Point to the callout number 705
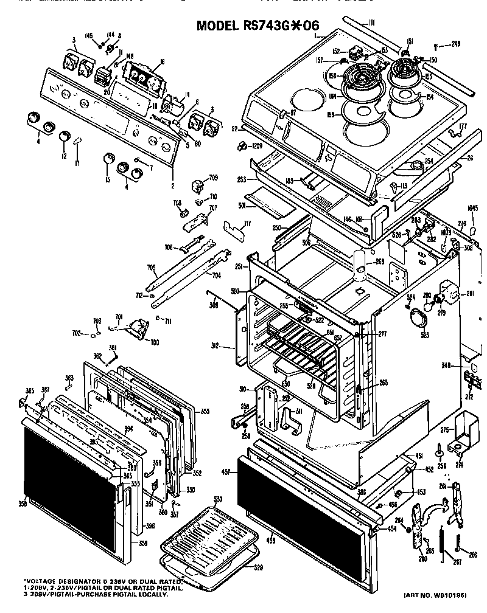click(151, 266)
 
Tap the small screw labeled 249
click(436, 44)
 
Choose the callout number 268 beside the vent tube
click(379, 262)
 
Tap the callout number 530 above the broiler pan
click(217, 499)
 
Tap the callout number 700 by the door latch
click(154, 342)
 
